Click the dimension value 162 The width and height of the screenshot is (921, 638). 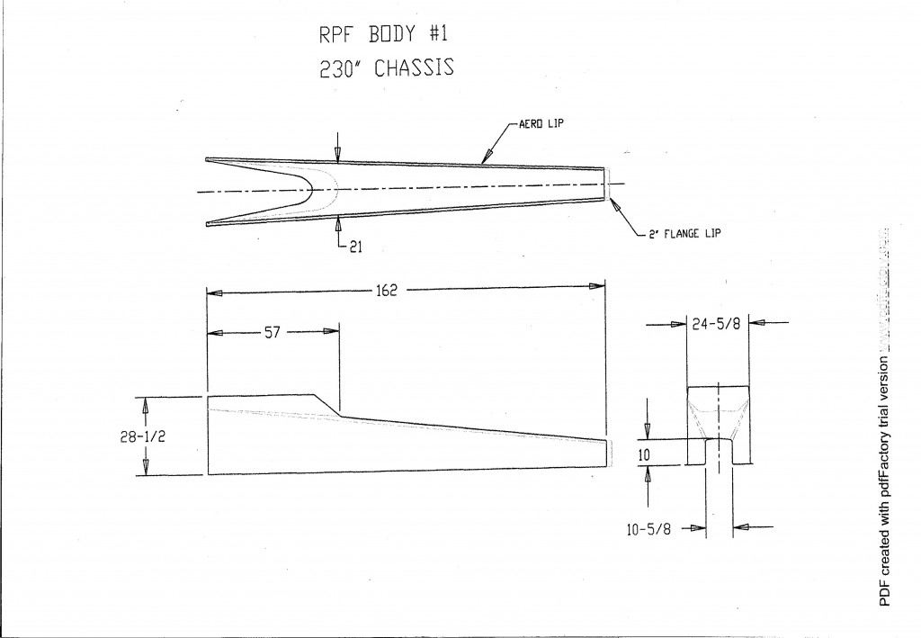[x=388, y=290]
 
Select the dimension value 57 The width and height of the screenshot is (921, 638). [x=273, y=333]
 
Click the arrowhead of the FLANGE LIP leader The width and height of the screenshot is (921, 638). [x=613, y=203]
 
